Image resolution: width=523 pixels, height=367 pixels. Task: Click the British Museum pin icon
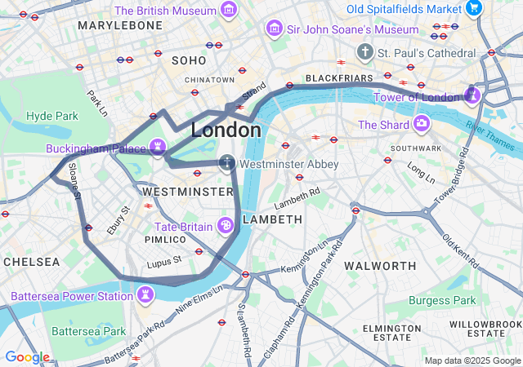(x=229, y=11)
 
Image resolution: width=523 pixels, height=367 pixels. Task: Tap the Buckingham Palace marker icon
(x=158, y=148)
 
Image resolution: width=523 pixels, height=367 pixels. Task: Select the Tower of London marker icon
(x=472, y=96)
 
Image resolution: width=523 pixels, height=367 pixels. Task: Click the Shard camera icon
(x=422, y=124)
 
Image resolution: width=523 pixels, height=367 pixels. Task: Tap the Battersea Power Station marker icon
(x=145, y=294)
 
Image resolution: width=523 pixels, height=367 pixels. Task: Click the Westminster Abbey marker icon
(x=227, y=164)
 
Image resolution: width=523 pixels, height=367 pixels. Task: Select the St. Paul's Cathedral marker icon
(x=364, y=52)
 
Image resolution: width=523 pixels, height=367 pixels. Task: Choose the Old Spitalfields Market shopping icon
(x=472, y=8)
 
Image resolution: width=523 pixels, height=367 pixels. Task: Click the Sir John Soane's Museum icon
(x=274, y=29)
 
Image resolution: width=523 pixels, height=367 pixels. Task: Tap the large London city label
(x=226, y=130)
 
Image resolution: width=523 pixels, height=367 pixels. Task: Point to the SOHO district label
(x=189, y=60)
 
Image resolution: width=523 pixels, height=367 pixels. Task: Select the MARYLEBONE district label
(x=120, y=26)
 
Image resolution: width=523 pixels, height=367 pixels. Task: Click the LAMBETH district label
(x=272, y=219)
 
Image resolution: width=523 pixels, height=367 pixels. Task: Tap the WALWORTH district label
(x=380, y=266)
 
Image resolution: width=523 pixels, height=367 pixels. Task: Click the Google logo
(x=27, y=357)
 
